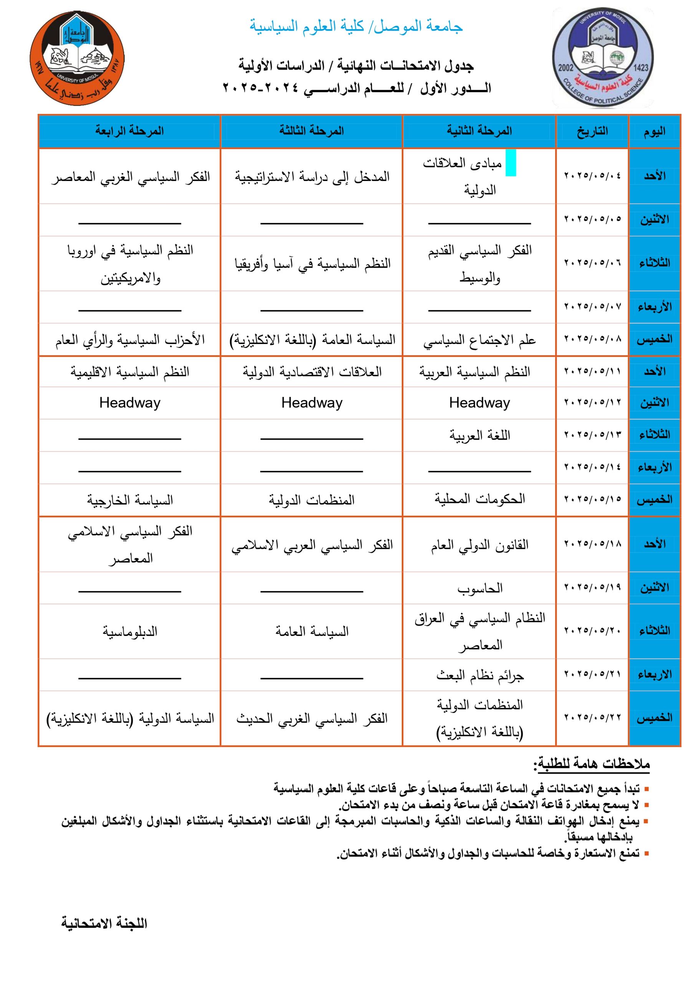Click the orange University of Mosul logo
77,58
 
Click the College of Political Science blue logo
603,58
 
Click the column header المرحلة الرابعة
129,131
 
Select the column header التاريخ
592,131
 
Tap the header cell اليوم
654,131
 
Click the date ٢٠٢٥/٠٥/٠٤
592,175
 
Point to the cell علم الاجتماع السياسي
479,340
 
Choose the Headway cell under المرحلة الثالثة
312,403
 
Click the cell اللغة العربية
480,435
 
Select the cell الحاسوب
480,588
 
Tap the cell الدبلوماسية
130,631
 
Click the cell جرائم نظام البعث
480,675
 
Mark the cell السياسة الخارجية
130,500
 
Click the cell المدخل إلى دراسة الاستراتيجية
312,176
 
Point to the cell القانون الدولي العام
480,544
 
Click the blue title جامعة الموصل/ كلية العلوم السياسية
356,26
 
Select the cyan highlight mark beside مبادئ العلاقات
510,163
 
